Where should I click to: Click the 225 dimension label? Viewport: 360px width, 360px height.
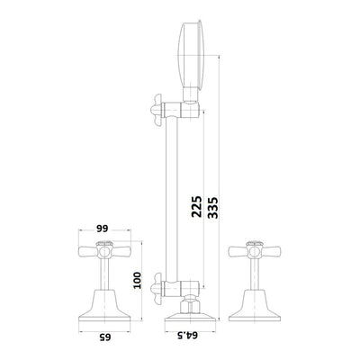tap(196, 207)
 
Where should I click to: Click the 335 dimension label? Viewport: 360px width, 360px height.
tap(212, 208)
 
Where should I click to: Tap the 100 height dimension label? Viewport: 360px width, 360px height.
tap(137, 280)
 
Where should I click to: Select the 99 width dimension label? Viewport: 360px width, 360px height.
tap(103, 229)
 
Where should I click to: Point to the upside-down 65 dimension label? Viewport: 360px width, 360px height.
tap(105, 337)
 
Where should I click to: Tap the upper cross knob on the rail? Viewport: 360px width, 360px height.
tap(157, 110)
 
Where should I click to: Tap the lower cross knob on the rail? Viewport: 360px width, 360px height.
tap(157, 289)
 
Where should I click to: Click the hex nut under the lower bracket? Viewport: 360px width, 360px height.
tap(190, 305)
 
